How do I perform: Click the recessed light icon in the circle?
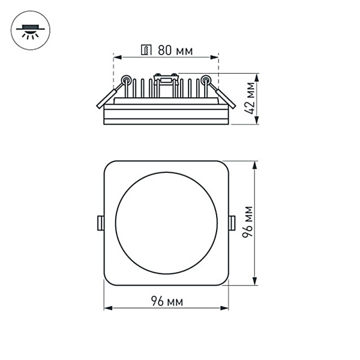28,31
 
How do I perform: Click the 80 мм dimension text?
175,50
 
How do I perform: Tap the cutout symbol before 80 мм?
145,50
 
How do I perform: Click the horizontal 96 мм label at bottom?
166,300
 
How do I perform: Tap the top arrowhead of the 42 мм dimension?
257,77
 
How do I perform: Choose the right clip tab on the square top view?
232,223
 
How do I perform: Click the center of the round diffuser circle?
166,223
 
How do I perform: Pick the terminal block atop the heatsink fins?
166,77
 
